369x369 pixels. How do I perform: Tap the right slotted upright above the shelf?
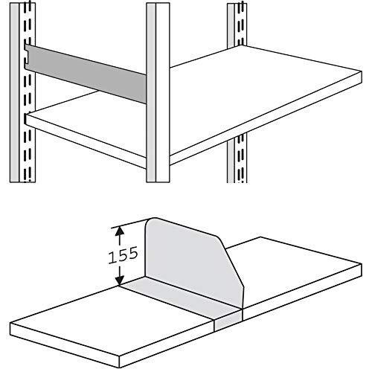tap(237, 30)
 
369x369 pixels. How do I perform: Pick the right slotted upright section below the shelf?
tap(239, 160)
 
